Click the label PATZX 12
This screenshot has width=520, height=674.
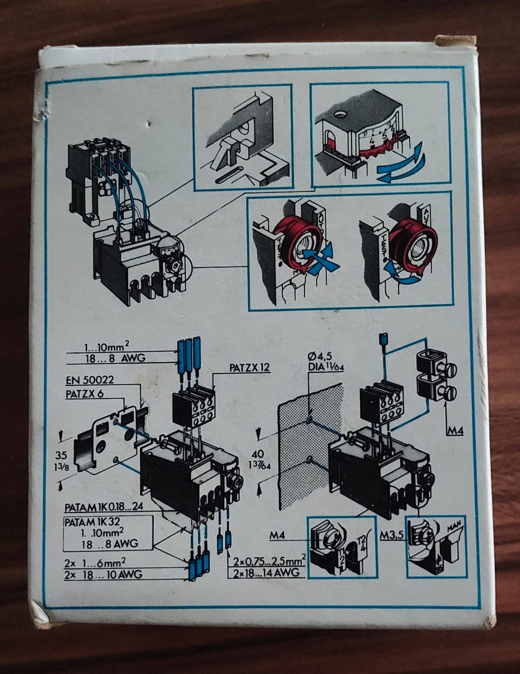click(249, 368)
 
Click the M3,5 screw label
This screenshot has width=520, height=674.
click(393, 535)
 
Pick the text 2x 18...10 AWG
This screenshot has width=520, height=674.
click(104, 574)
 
